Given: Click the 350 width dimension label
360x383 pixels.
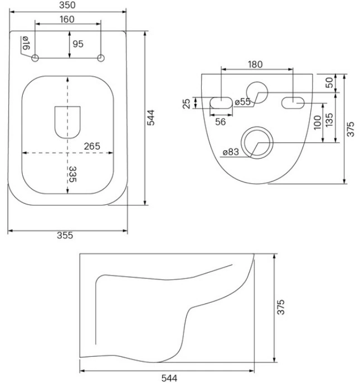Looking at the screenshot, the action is point(67,5).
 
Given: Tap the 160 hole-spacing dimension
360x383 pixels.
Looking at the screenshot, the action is point(67,19).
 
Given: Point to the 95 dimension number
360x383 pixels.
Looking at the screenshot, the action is point(78,44).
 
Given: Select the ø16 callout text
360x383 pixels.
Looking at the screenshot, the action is point(26,43).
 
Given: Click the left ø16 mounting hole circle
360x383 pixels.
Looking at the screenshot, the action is point(35,58).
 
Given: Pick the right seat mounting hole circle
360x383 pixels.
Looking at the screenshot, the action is point(101,58).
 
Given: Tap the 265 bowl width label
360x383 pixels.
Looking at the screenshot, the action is point(92,146).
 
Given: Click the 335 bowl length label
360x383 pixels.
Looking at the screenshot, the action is point(72,174).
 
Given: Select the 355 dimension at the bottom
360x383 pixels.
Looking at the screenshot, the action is point(65,235).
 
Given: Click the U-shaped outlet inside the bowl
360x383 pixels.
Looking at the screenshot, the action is point(67,122).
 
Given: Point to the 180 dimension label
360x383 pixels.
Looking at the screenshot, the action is point(255,65).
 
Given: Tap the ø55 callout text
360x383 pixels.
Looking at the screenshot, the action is point(242,102).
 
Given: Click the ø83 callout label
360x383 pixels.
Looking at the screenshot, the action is point(231,152).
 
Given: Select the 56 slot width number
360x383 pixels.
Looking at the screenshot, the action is point(220,122).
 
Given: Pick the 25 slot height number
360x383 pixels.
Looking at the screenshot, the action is point(187,104).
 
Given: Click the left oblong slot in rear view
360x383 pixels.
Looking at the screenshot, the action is point(221,102).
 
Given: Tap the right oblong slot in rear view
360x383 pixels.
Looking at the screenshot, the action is point(293,102).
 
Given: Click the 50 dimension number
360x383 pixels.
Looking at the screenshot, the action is point(329,82).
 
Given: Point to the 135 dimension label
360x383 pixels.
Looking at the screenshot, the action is point(329,120).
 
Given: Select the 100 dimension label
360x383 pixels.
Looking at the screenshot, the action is point(317,122).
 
